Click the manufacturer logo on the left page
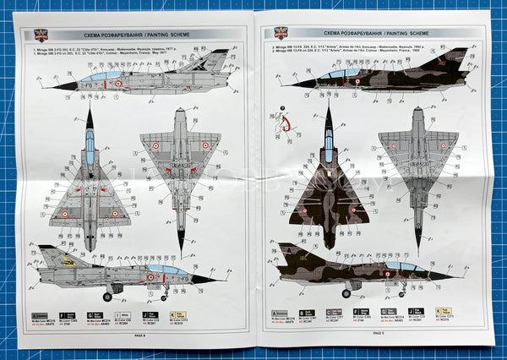click(x=41, y=35)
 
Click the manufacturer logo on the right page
click(x=281, y=34)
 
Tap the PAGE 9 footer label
click(x=377, y=332)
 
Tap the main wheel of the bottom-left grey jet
click(x=107, y=297)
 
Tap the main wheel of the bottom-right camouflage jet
click(x=346, y=293)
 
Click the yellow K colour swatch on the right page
click(x=444, y=311)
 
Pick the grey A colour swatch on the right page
click(x=277, y=313)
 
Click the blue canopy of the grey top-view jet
click(x=90, y=149)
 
